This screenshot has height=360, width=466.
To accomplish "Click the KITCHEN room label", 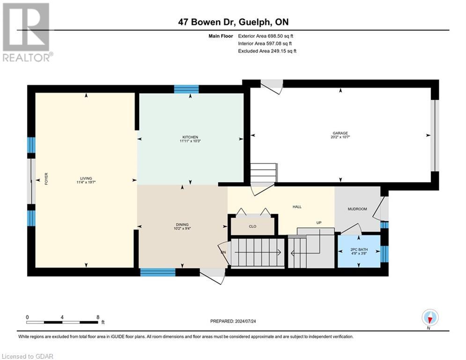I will click(x=190, y=136).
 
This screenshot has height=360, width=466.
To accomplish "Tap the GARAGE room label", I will click(x=340, y=133).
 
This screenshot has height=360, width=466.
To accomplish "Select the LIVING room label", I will click(x=86, y=178).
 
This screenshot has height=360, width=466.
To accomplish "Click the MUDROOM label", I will click(x=356, y=209).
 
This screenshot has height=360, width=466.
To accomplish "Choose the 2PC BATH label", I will click(x=359, y=249).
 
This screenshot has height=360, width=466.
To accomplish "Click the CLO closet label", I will click(x=252, y=226).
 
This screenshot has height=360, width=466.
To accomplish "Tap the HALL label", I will click(x=297, y=207).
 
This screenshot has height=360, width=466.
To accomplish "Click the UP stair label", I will click(x=318, y=223).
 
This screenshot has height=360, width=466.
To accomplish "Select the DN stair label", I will click(x=223, y=252).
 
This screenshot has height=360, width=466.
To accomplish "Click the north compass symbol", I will click(x=430, y=318).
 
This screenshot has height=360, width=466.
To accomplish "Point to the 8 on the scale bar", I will click(x=97, y=317).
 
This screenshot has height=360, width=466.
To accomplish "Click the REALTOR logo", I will click(x=26, y=32).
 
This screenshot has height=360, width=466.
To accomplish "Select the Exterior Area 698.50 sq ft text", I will click(x=266, y=36).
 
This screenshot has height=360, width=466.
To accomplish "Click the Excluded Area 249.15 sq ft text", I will click(x=267, y=51).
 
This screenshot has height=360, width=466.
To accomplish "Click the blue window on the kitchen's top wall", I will click(x=186, y=89).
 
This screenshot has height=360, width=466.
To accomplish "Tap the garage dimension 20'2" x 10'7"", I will click(x=340, y=138).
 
